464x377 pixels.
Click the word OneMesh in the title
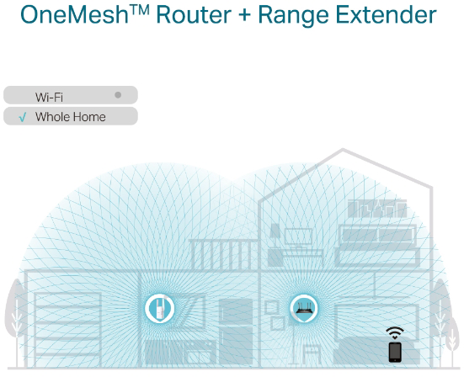coord(75,14)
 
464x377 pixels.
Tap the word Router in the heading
coord(194,14)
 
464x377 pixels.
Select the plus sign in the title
coord(244,15)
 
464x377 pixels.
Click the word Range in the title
coord(294,15)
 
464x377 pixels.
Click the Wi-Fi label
coord(49,97)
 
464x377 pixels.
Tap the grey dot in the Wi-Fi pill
coord(118,95)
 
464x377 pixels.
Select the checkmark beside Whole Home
coord(23,117)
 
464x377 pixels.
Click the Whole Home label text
coord(71,117)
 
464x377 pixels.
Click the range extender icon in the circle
coord(160,308)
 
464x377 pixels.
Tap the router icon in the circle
coord(304,308)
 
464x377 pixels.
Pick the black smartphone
coord(395,352)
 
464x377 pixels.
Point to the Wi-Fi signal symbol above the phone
coord(395,333)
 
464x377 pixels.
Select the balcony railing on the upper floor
coord(224,254)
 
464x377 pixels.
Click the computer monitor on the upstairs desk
coord(298,236)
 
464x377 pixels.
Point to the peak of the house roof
coord(343,149)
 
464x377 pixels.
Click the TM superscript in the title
coord(140,10)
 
